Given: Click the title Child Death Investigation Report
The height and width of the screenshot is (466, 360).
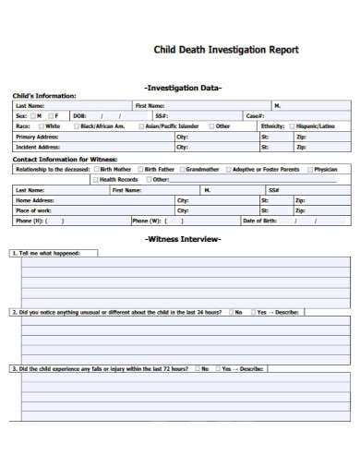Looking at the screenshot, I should [225, 50].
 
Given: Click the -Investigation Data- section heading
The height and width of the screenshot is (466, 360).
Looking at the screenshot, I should [183, 88].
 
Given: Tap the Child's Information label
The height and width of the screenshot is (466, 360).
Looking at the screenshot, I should [43, 96].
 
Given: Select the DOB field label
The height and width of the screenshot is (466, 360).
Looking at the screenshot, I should [79, 116].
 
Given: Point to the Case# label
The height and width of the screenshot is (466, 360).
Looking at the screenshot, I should [255, 116].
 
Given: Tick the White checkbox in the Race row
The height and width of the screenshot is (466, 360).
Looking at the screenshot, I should [42, 125].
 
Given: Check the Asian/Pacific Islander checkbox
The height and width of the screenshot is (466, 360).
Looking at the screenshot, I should [140, 125].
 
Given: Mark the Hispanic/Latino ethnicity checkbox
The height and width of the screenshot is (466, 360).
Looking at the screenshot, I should [293, 125].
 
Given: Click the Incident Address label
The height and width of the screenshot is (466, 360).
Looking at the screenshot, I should [38, 147].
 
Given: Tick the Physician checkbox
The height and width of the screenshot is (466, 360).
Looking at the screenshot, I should [309, 170].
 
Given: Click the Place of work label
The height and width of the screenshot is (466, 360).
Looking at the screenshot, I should [34, 210].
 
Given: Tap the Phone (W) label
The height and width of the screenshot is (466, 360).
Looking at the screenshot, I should [147, 221].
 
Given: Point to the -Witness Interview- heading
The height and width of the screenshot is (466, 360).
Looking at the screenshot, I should [183, 239].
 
